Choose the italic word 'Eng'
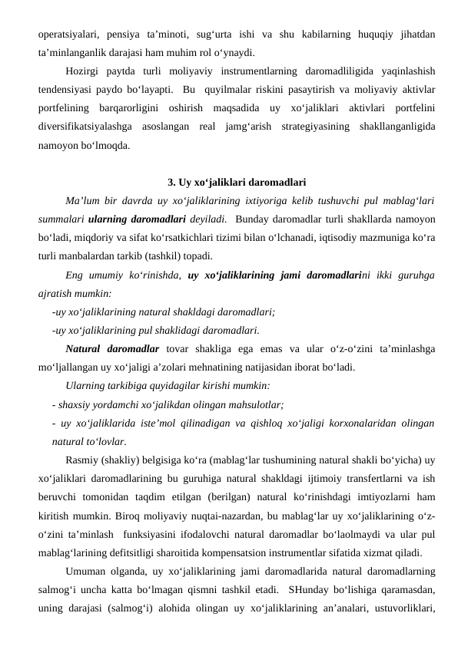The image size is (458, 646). pyautogui.click(x=75, y=275)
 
